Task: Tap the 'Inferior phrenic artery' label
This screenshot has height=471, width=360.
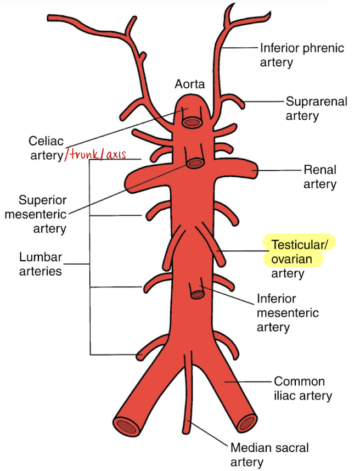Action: pos(302,55)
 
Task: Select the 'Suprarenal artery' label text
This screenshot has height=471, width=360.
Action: pos(316,108)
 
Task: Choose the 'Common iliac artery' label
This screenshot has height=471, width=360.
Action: pos(303,388)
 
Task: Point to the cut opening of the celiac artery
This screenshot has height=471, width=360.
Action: pos(193,120)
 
